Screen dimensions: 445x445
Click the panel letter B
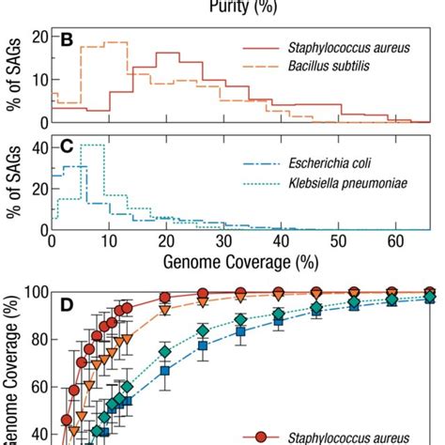(x=67, y=41)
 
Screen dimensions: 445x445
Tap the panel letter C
(x=67, y=148)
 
